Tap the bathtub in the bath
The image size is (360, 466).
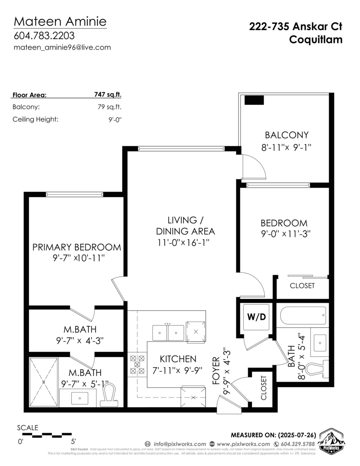[302, 315]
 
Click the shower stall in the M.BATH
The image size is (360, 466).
[43, 382]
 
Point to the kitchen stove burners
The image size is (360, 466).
[137, 365]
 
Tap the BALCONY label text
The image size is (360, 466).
[287, 135]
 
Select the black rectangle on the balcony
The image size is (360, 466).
[254, 100]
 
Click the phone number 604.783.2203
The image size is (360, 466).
[44, 35]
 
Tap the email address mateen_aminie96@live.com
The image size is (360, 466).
[62, 48]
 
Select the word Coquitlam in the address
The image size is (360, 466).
[316, 40]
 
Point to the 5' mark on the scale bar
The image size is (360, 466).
[73, 441]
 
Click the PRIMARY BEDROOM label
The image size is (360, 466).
[77, 247]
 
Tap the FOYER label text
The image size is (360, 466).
[216, 371]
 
